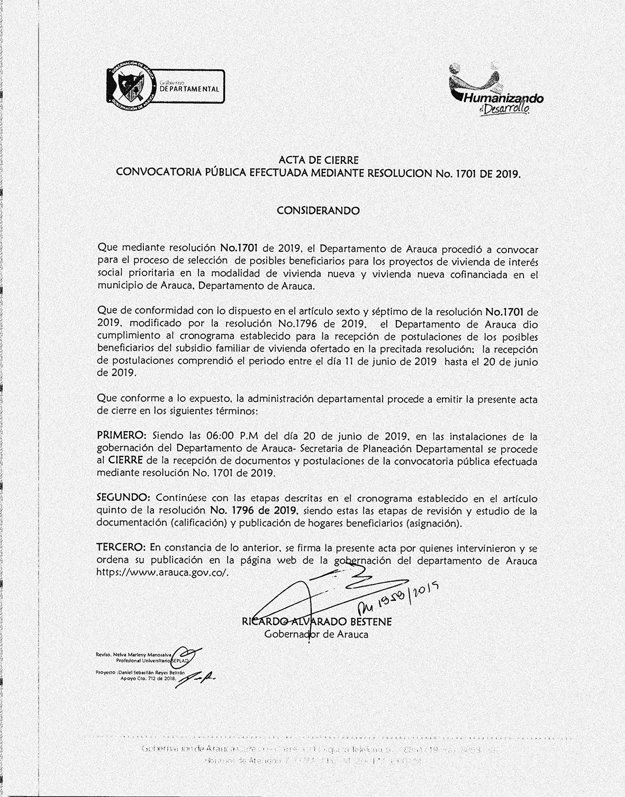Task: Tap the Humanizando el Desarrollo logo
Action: pyautogui.click(x=496, y=89)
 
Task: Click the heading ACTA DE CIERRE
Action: pyautogui.click(x=318, y=159)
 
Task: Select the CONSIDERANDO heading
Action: pyautogui.click(x=318, y=210)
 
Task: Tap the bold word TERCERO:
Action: pyautogui.click(x=122, y=547)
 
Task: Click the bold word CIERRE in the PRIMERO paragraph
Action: pyautogui.click(x=129, y=461)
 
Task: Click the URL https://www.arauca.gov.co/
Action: pyautogui.click(x=164, y=572)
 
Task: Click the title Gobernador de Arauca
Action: pyautogui.click(x=316, y=634)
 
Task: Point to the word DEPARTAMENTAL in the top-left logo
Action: pyautogui.click(x=189, y=89)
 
